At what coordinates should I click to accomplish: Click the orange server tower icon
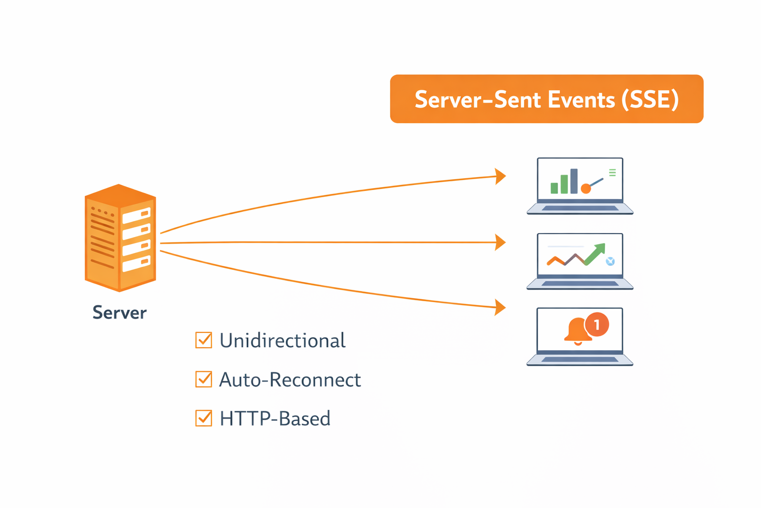point(120,238)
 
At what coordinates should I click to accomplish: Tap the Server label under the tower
point(119,313)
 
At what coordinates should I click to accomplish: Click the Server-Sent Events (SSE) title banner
point(546,99)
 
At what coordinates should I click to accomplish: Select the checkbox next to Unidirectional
point(204,340)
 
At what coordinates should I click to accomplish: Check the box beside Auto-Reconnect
point(204,380)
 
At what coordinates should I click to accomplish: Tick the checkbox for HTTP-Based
point(204,418)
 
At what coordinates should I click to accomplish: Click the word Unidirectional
point(282,340)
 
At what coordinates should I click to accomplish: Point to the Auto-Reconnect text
point(290,380)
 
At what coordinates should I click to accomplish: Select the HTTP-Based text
point(275,418)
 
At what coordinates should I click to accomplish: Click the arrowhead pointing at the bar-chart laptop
point(500,176)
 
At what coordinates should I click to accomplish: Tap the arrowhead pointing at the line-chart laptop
point(500,243)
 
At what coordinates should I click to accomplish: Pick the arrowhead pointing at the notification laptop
point(500,307)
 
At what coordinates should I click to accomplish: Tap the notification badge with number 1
point(597,324)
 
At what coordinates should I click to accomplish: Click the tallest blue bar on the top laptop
point(574,181)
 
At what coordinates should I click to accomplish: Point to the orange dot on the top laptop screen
point(586,189)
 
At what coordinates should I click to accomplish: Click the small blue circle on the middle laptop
point(610,261)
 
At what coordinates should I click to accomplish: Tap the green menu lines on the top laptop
point(612,173)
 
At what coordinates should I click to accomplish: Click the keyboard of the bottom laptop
point(580,359)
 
